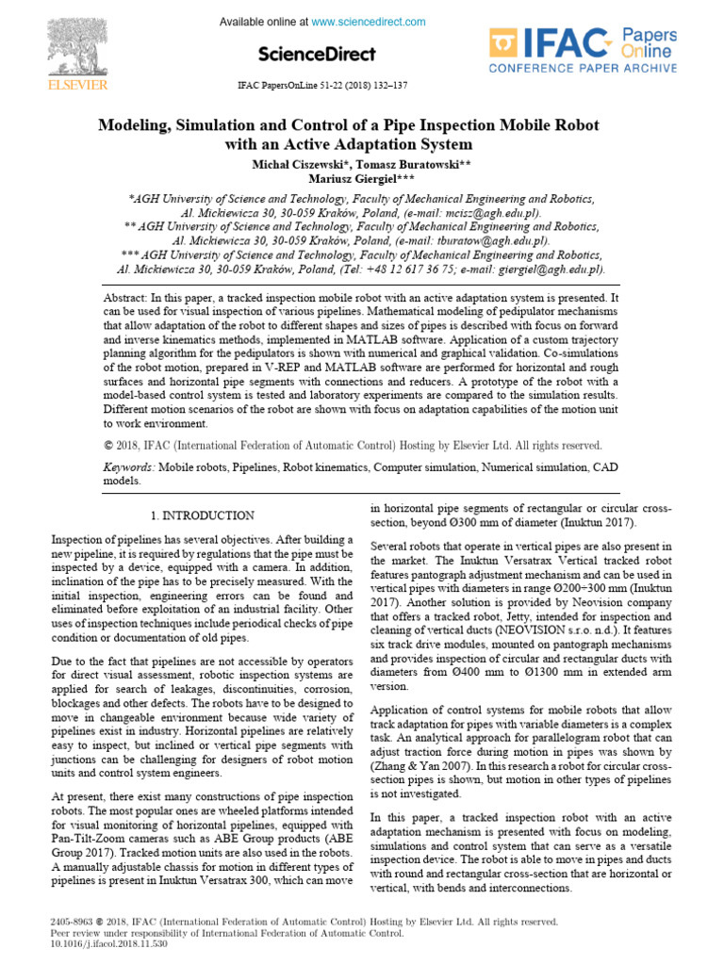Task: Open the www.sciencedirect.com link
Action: tap(369, 22)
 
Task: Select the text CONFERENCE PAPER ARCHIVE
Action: tap(582, 68)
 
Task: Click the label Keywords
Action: tap(127, 466)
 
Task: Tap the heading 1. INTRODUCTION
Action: tap(202, 515)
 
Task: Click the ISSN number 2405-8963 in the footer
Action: tap(72, 922)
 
